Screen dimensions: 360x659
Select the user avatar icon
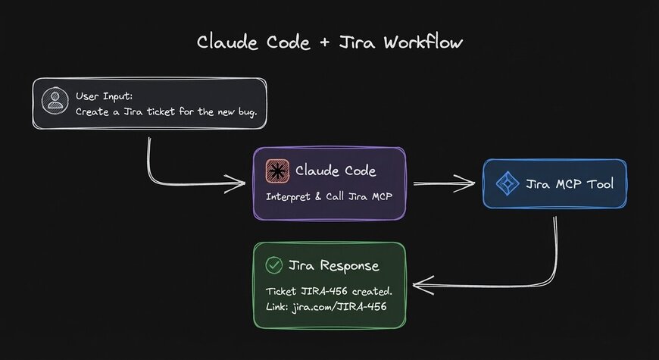tap(53, 102)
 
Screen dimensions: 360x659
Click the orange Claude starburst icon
tap(276, 171)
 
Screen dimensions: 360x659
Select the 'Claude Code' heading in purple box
tap(335, 171)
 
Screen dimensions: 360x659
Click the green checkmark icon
tap(273, 265)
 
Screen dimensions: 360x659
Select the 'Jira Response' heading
tap(333, 265)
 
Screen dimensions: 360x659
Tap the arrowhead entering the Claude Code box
tap(241, 182)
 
